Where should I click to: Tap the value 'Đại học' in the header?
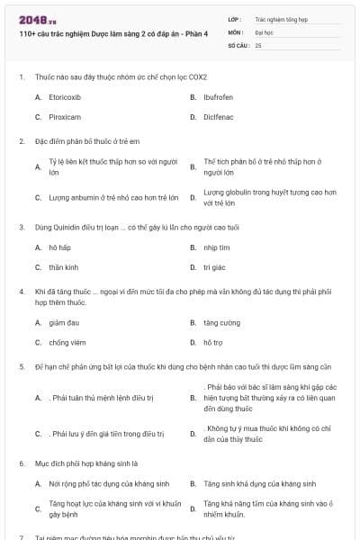(x=264, y=31)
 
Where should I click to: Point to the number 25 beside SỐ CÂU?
(x=258, y=44)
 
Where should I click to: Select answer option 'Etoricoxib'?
(x=66, y=95)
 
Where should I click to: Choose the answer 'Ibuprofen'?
(x=219, y=95)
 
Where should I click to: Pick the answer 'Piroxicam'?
(x=65, y=116)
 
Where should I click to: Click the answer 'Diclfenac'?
(x=219, y=116)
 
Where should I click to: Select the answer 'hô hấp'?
(x=59, y=247)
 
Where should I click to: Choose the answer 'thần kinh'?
(x=63, y=267)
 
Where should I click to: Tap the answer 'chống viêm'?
(x=67, y=342)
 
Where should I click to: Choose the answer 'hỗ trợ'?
(x=212, y=342)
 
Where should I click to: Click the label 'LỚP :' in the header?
(x=235, y=18)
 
